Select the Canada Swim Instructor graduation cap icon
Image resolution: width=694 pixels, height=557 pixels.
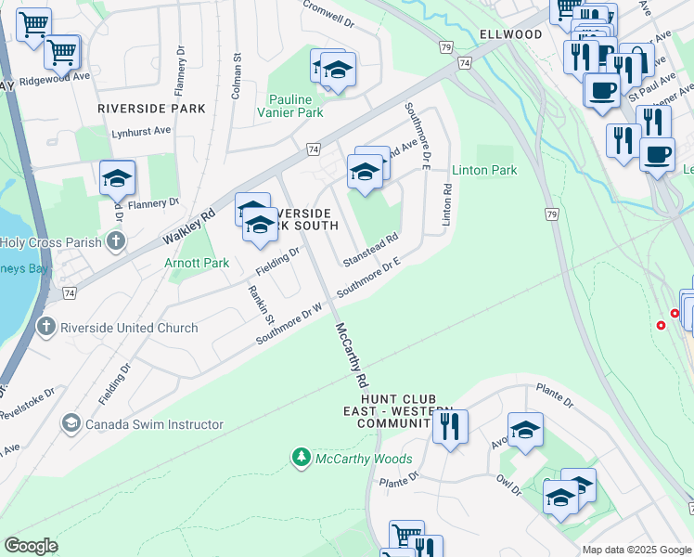click(x=71, y=424)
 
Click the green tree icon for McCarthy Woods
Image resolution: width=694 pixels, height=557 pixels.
click(x=301, y=458)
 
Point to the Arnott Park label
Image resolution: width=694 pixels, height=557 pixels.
click(x=196, y=264)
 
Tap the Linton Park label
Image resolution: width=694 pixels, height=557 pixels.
click(x=483, y=171)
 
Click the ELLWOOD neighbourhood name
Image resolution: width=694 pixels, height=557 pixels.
click(x=510, y=34)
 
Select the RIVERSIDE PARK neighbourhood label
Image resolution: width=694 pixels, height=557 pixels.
click(x=151, y=109)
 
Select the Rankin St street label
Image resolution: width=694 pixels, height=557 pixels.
click(x=260, y=304)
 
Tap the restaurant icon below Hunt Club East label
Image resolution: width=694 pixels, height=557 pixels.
click(x=450, y=427)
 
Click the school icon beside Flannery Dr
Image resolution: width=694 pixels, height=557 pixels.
click(x=118, y=177)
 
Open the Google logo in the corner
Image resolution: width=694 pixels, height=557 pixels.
click(x=32, y=546)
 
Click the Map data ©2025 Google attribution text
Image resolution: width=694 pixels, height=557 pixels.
click(x=635, y=550)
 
